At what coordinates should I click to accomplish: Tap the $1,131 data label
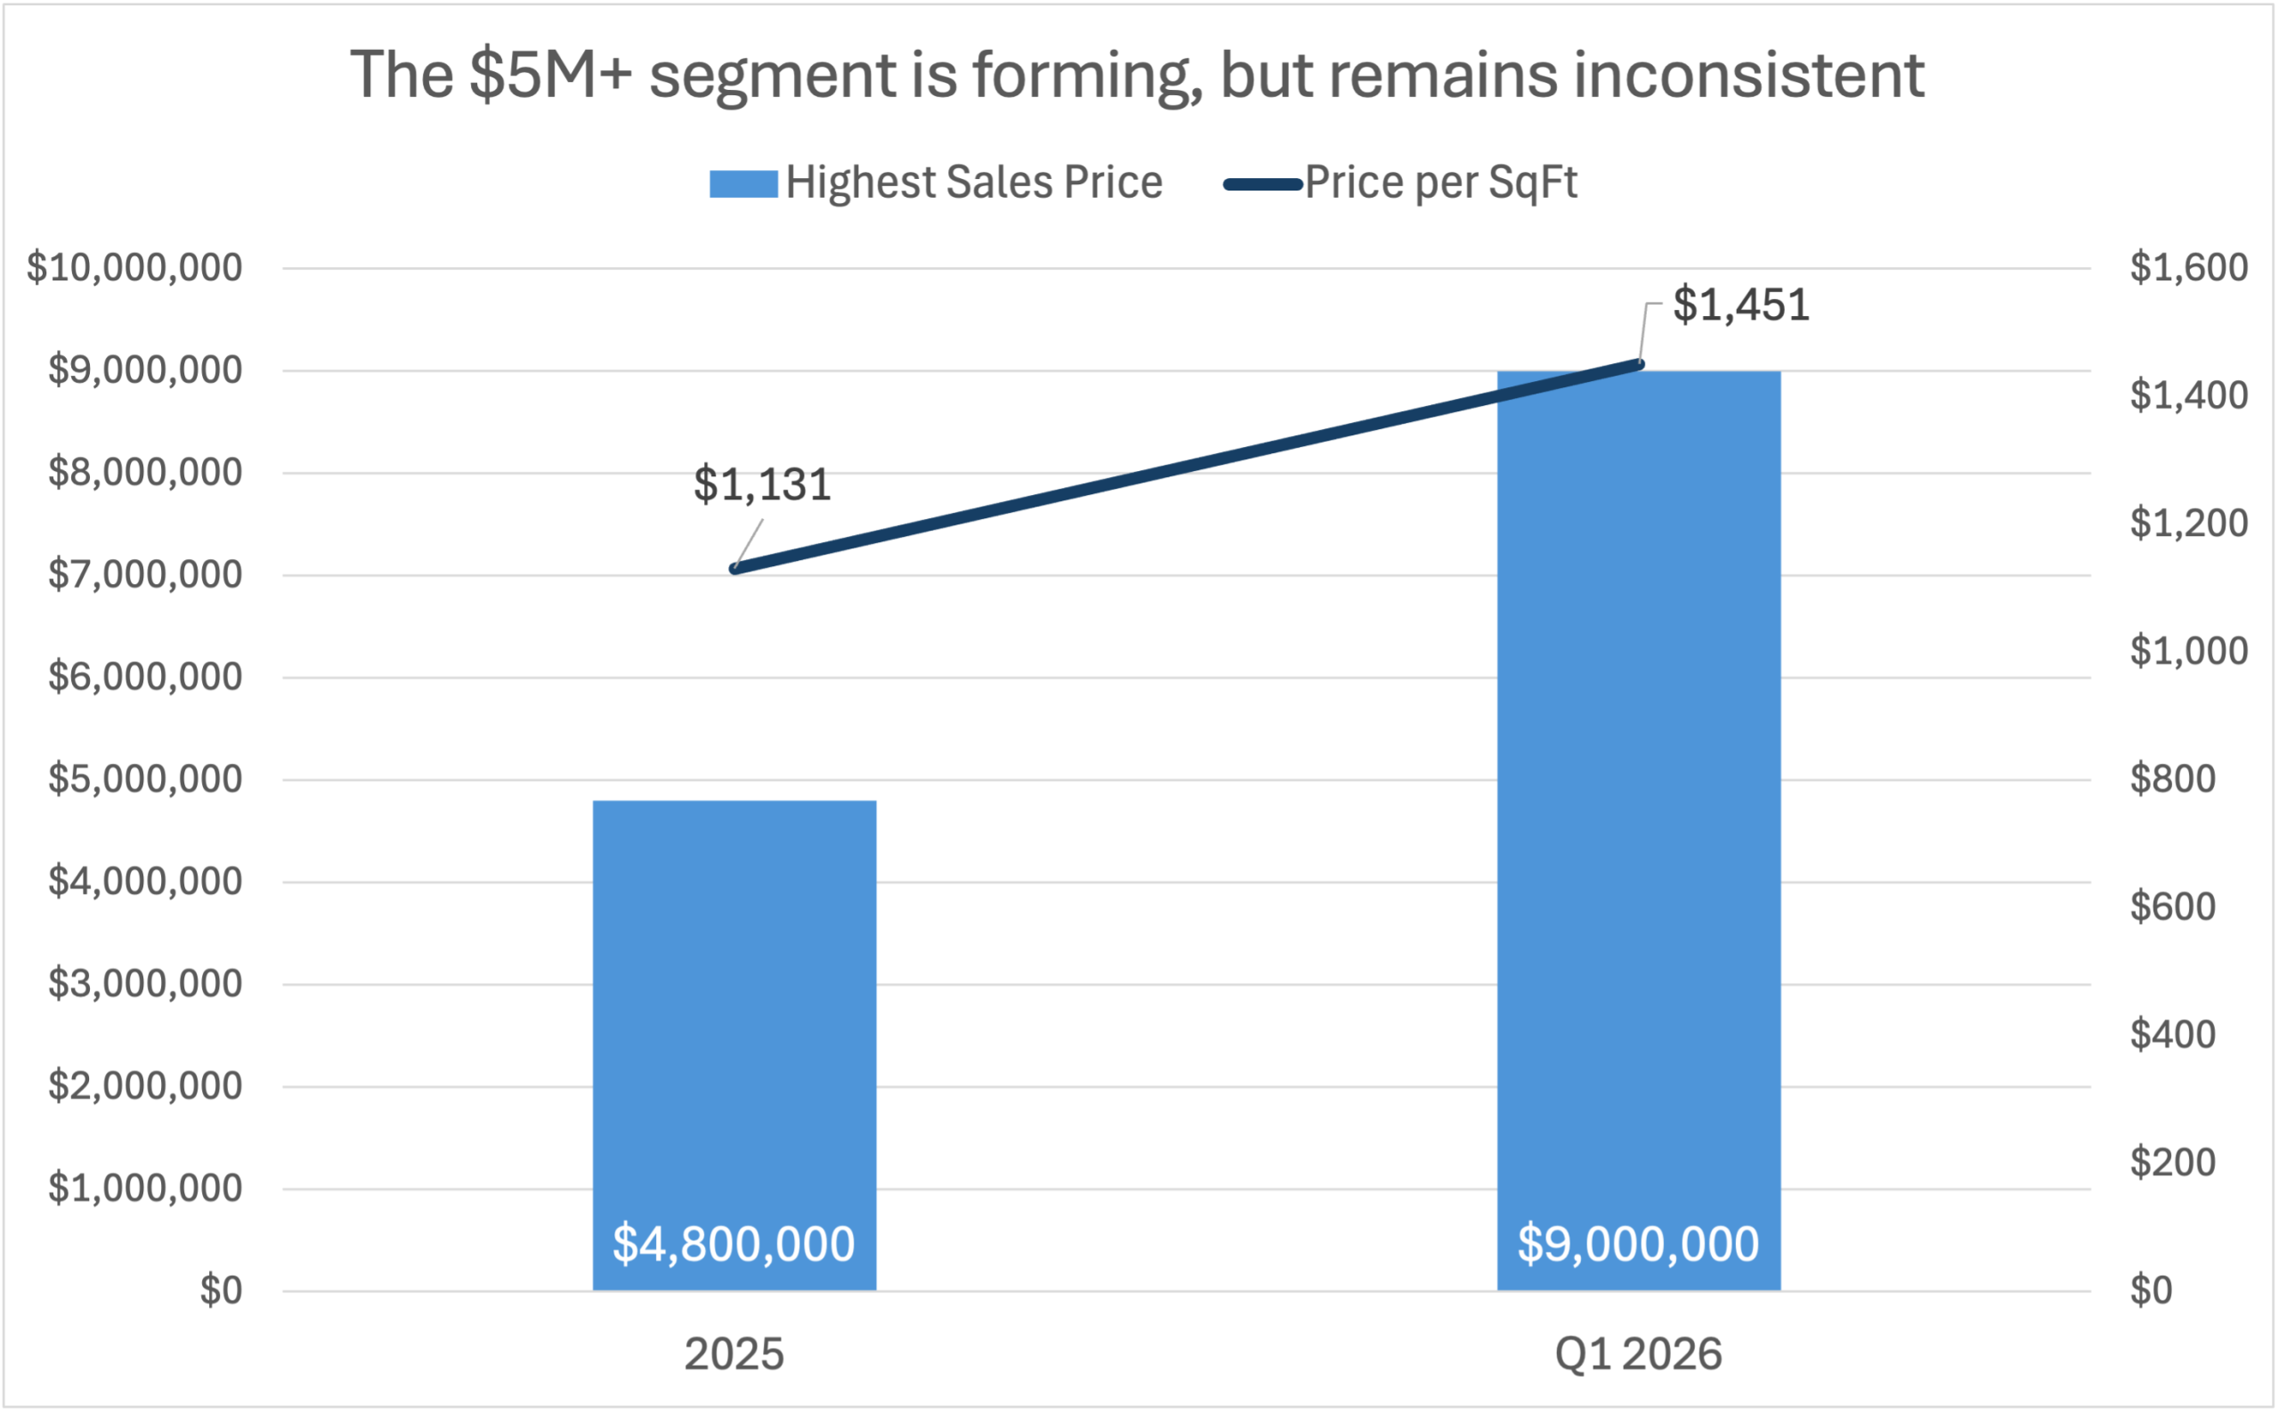(x=761, y=485)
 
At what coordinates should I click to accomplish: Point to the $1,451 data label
(x=1740, y=305)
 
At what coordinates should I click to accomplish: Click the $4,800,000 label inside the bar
(x=734, y=1244)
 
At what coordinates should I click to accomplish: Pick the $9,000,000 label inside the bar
(x=1638, y=1244)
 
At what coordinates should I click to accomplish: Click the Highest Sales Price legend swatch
(x=742, y=183)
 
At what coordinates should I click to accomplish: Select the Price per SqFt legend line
(x=1262, y=184)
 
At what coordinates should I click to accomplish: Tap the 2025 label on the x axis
(x=734, y=1354)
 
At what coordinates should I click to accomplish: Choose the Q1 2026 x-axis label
(x=1638, y=1354)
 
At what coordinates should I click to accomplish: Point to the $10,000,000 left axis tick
(x=134, y=268)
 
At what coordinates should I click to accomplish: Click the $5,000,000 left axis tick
(x=145, y=778)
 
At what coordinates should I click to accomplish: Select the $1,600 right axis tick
(x=2188, y=268)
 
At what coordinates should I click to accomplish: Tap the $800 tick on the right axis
(x=2172, y=778)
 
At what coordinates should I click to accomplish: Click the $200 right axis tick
(x=2172, y=1163)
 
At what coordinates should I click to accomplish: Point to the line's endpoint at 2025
(x=734, y=568)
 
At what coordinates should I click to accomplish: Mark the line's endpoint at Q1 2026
(x=1640, y=364)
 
